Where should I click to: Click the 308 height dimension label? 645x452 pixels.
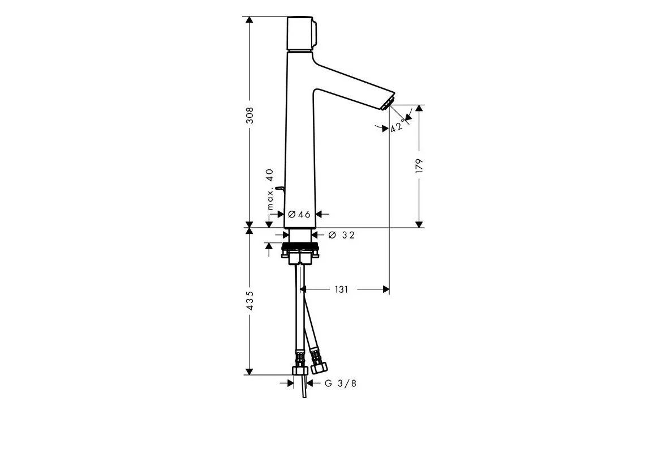pos(250,115)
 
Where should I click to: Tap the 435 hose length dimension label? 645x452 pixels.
pos(250,300)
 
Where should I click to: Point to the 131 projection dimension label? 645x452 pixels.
pos(341,289)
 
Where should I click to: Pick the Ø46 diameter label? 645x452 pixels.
pos(299,214)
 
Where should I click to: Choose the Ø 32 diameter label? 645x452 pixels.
pos(341,235)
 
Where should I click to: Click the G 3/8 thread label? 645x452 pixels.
pos(341,383)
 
